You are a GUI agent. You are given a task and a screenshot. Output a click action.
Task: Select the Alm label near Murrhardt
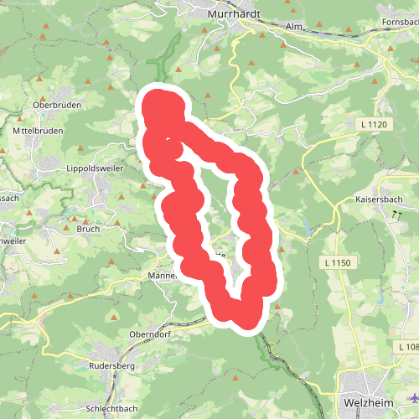[x=292, y=27]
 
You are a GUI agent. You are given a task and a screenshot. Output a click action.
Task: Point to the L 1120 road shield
[x=374, y=125]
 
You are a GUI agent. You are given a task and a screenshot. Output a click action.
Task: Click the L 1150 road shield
[x=340, y=263]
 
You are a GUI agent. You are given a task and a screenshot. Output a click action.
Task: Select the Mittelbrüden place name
[x=37, y=132]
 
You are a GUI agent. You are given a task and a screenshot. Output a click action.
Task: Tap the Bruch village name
[x=88, y=229]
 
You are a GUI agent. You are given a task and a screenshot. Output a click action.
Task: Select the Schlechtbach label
[x=111, y=408]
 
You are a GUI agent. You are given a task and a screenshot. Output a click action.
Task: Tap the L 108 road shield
[x=408, y=347]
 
